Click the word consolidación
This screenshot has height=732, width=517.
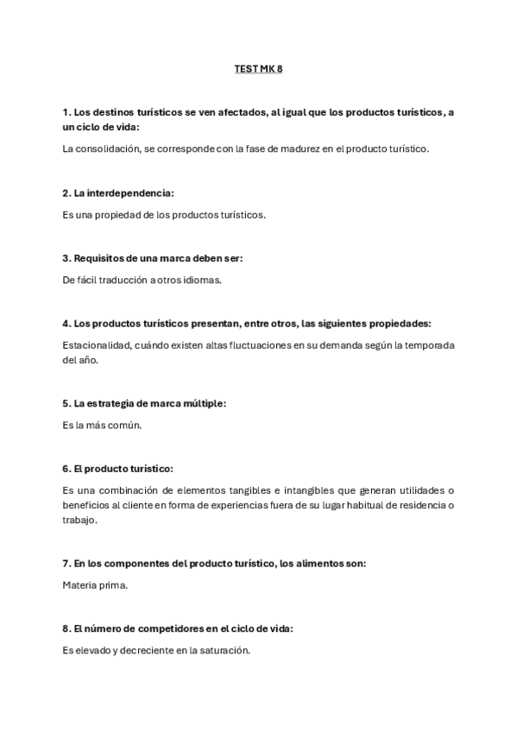pyautogui.click(x=104, y=148)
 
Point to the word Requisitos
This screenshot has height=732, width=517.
pyautogui.click(x=102, y=258)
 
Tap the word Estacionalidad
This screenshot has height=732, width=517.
pyautogui.click(x=96, y=345)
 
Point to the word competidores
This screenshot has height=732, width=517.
pyautogui.click(x=158, y=629)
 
